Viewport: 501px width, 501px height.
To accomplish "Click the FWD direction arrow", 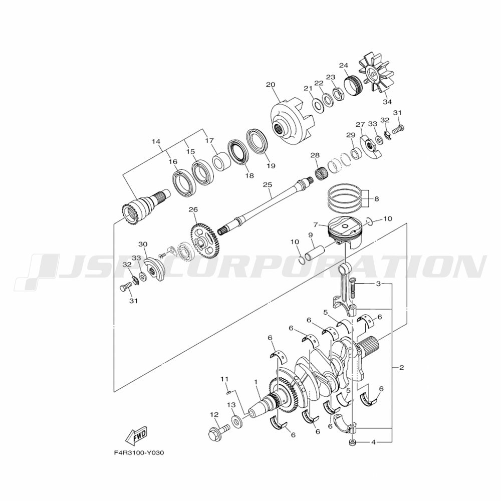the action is [x=136, y=435].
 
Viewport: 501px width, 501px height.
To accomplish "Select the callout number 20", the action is [x=271, y=85].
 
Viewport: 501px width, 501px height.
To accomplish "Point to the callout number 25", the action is [x=267, y=185].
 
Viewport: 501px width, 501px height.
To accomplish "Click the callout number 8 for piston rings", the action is [x=376, y=199].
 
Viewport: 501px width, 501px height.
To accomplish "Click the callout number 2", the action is [x=402, y=368].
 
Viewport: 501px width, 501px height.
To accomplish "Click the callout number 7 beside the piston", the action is [x=316, y=225].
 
